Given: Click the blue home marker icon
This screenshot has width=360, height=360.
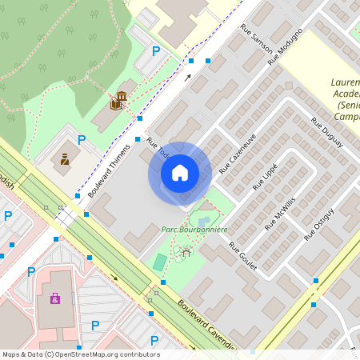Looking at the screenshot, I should point(180,173).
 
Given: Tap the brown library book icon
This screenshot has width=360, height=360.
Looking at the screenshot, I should point(119,100).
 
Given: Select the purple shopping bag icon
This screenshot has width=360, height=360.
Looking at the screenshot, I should point(54,298).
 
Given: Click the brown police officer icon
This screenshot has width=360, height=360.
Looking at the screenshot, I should point(65,158).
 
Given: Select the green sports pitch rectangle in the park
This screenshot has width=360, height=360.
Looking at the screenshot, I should point(161,262).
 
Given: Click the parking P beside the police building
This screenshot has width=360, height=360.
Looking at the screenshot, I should point(82,140).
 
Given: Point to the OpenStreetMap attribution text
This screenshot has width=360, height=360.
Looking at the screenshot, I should point(80,354).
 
